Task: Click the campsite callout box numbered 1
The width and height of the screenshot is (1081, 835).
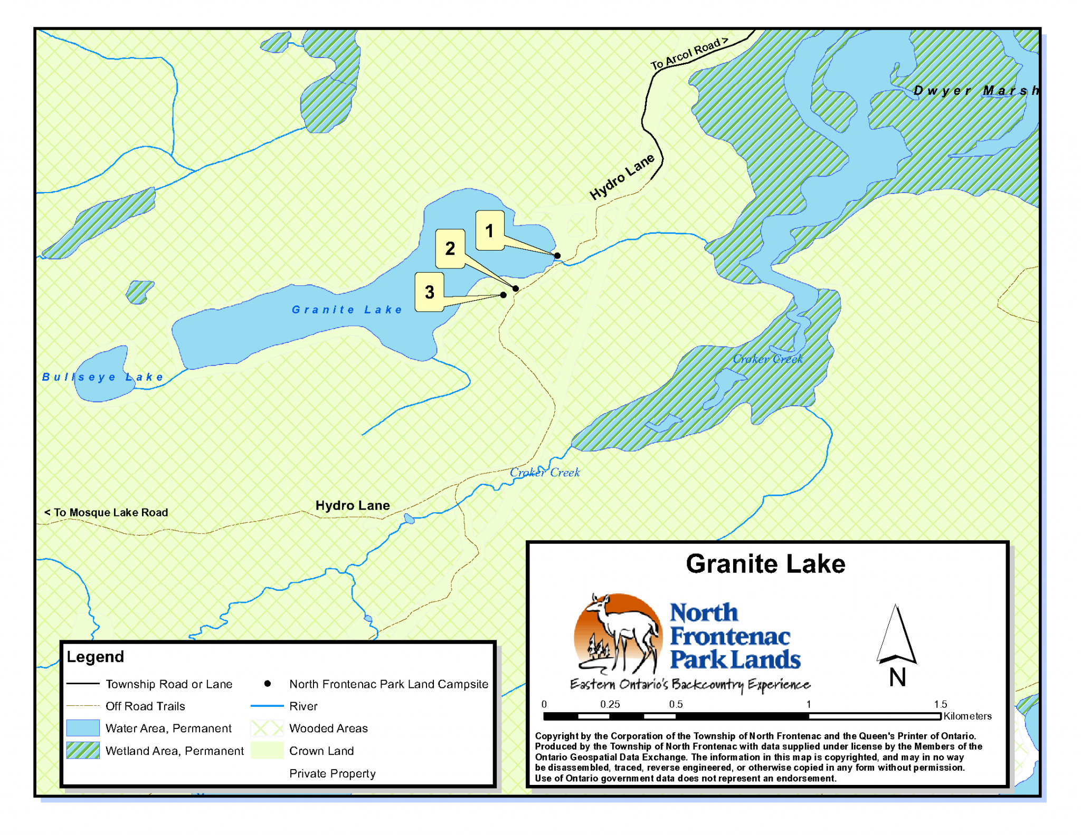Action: (x=489, y=231)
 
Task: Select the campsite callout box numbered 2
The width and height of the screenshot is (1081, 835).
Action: (x=450, y=248)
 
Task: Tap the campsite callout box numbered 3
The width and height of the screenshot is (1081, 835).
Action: (x=429, y=292)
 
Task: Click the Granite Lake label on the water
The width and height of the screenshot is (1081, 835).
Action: (x=347, y=310)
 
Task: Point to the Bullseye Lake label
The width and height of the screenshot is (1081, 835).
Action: (x=102, y=377)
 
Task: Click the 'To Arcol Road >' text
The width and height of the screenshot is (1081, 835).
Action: (x=688, y=54)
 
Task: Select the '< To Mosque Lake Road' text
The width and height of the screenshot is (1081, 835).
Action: (x=106, y=512)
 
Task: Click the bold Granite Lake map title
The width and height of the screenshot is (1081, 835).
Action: (x=765, y=564)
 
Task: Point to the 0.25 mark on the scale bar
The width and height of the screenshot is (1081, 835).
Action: (x=610, y=705)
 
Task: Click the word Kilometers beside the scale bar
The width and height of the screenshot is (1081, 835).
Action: (x=967, y=716)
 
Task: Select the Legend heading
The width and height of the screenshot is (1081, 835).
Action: (x=95, y=657)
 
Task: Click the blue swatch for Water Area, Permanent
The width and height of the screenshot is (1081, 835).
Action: (x=83, y=728)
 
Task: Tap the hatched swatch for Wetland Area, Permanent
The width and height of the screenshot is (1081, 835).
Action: (x=83, y=750)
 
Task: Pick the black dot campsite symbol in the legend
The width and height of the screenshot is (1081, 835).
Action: (x=268, y=684)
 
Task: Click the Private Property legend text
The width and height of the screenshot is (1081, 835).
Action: (x=332, y=773)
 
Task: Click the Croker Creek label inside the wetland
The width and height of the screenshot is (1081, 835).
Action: (x=767, y=359)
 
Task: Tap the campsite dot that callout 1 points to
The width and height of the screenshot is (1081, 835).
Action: (x=557, y=256)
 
